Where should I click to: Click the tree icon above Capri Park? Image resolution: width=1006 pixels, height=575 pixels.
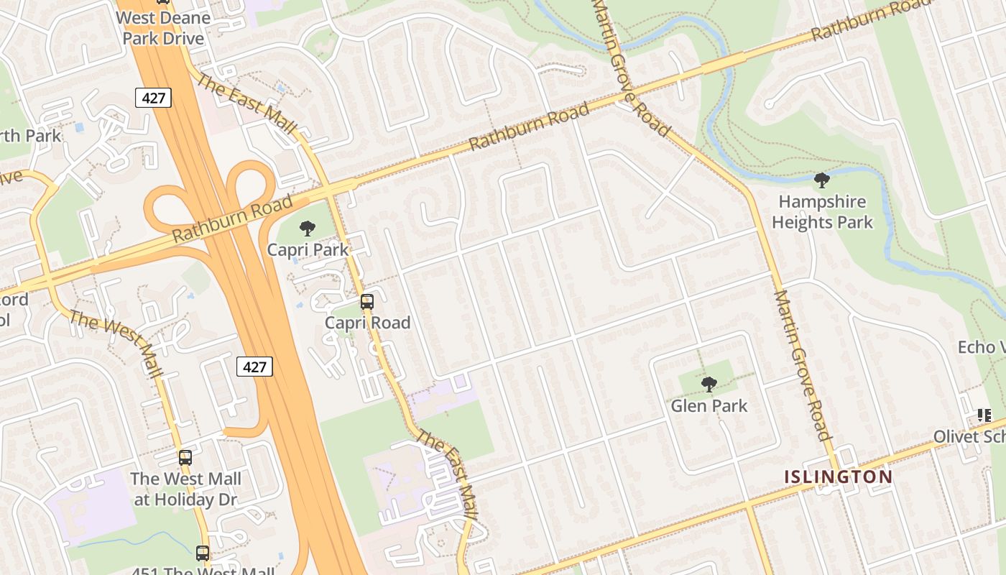coord(308,229)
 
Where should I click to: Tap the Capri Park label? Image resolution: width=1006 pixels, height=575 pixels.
coord(308,250)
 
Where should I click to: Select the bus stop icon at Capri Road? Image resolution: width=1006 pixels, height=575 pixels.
coord(367,302)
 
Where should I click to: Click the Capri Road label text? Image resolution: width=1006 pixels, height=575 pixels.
coord(367,323)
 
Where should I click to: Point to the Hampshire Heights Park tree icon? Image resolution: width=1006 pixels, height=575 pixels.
coord(822,180)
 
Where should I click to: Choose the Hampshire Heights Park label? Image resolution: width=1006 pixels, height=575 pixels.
coord(822,212)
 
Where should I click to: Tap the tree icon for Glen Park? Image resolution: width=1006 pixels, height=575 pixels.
coord(709,385)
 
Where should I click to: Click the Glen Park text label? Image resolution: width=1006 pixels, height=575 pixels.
coord(709,406)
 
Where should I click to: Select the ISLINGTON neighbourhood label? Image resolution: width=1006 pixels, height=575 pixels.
coord(838,477)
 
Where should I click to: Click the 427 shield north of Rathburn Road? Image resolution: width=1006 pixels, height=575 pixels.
coord(154,98)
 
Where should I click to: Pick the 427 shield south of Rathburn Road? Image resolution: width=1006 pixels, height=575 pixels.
coord(254,367)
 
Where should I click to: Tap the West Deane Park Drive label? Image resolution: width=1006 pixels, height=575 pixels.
coord(163,28)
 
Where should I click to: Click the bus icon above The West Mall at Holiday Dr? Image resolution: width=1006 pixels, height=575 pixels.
coord(185,457)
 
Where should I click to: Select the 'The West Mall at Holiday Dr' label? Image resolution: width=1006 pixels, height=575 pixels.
coord(185,489)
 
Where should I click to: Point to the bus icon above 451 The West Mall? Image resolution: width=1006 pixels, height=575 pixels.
coord(203,553)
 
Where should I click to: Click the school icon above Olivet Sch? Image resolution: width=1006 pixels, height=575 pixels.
coord(984,415)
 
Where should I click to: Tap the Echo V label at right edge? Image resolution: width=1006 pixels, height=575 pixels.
coord(981,348)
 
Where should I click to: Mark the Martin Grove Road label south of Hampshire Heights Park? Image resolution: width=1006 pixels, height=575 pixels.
coord(803,365)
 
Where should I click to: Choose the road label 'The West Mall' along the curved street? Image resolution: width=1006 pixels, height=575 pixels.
coord(115,344)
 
